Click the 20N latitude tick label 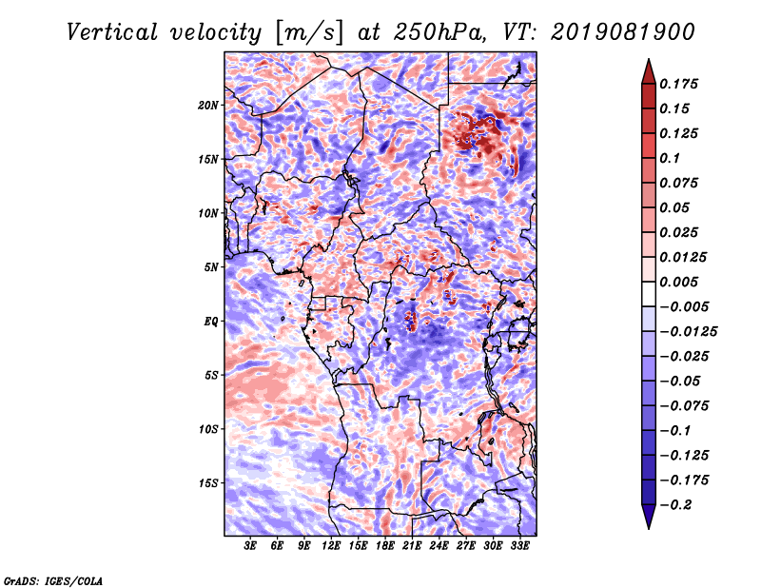pyautogui.click(x=208, y=106)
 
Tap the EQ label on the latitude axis pyautogui.click(x=211, y=322)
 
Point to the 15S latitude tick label pyautogui.click(x=208, y=483)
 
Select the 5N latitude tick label pyautogui.click(x=211, y=267)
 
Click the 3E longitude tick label pyautogui.click(x=250, y=546)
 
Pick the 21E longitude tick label pyautogui.click(x=412, y=546)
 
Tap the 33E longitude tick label pyautogui.click(x=519, y=546)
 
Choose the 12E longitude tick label pyautogui.click(x=331, y=546)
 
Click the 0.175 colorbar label pyautogui.click(x=678, y=84)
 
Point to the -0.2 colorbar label pyautogui.click(x=675, y=505)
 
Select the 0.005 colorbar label pyautogui.click(x=678, y=282)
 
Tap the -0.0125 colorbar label pyautogui.click(x=688, y=332)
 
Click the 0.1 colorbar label pyautogui.click(x=670, y=158)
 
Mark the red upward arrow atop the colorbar pyautogui.click(x=649, y=71)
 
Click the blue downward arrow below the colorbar pyautogui.click(x=649, y=517)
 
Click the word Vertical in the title pyautogui.click(x=112, y=32)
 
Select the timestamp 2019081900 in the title pyautogui.click(x=623, y=32)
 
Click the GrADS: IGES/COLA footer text pyautogui.click(x=53, y=580)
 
